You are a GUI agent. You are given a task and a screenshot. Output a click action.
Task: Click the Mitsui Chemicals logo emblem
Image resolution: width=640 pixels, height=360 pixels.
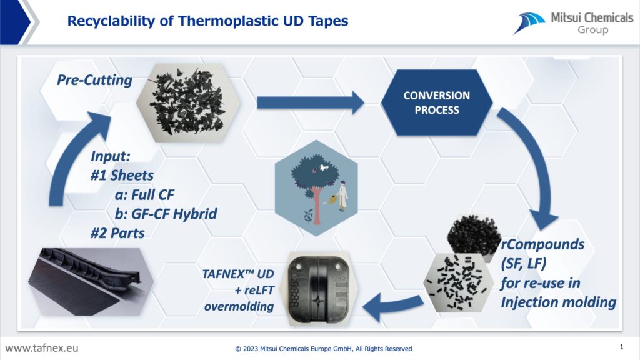click(x=529, y=23)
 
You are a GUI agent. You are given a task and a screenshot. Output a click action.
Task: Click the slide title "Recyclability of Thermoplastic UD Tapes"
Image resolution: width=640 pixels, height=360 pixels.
click(x=207, y=21)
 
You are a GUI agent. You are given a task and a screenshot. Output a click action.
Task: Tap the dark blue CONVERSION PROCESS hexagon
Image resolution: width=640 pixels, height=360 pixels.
click(x=437, y=102)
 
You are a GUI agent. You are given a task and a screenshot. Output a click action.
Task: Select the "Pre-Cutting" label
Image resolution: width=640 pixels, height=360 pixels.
click(x=95, y=80)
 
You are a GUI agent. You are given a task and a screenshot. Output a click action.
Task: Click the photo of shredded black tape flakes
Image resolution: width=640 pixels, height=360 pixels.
click(x=188, y=103)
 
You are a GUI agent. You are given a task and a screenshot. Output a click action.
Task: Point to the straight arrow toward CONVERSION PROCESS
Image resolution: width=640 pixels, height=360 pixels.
click(x=311, y=102)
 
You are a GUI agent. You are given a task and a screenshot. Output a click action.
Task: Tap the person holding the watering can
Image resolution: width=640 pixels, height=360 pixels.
click(x=342, y=196)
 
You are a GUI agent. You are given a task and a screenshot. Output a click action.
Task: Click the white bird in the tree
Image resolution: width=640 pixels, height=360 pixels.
click(x=324, y=167)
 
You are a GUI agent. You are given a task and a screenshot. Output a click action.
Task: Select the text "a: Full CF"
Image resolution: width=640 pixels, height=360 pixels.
click(x=144, y=195)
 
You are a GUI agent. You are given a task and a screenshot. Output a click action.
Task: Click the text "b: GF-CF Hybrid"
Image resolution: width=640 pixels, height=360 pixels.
click(x=166, y=214)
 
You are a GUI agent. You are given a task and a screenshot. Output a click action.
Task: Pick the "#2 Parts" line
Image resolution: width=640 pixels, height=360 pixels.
click(x=117, y=233)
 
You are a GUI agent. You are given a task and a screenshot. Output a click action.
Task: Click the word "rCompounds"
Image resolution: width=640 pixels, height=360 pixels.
click(x=542, y=244)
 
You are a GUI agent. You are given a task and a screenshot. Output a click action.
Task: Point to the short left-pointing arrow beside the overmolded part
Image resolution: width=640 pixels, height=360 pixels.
click(x=392, y=306)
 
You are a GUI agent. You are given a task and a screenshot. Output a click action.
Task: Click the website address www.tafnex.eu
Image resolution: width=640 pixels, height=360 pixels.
click(x=42, y=348)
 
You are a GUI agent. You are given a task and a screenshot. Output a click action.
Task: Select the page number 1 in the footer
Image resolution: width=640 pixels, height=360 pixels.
click(x=622, y=347)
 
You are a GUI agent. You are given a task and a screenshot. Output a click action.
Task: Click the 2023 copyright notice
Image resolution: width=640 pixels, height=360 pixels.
click(x=324, y=349)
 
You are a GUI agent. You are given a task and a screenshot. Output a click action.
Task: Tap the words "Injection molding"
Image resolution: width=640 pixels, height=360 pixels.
click(x=558, y=302)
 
